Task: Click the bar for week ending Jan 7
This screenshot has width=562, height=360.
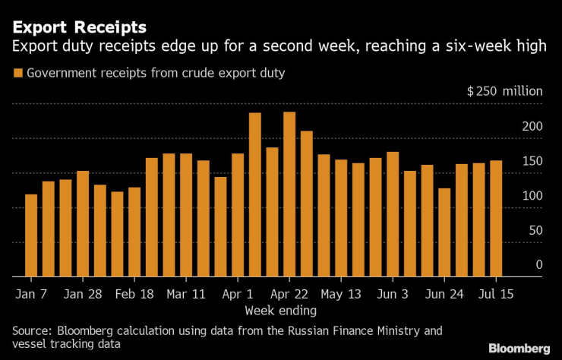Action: [31, 235]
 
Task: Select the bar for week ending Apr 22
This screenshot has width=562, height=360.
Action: [289, 194]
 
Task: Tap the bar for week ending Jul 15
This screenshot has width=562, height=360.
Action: [495, 218]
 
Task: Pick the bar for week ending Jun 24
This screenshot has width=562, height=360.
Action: [444, 232]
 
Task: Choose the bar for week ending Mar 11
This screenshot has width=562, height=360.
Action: [186, 215]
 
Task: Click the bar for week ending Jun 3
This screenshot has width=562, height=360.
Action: [393, 214]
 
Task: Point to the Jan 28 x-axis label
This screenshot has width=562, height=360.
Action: [83, 293]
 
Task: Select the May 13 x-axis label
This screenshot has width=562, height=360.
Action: [341, 293]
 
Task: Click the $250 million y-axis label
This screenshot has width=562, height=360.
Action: [504, 91]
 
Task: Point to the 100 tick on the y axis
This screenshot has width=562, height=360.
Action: [532, 195]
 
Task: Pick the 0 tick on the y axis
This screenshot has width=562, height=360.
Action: [539, 264]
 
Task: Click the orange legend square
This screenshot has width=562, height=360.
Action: [17, 73]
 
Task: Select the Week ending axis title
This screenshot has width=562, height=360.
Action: [280, 311]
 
